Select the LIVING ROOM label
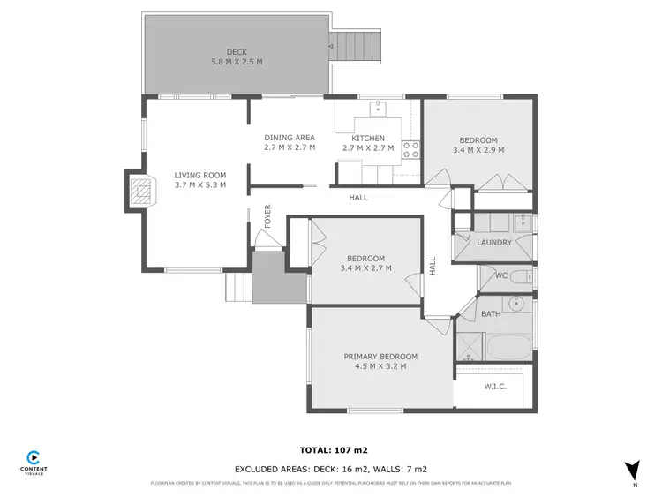[199, 175]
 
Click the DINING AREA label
[290, 138]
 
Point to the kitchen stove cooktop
[410, 150]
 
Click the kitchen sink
[378, 108]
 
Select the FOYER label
[267, 217]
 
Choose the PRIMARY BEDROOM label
[380, 357]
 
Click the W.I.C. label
[494, 385]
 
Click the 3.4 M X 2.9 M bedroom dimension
[478, 150]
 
